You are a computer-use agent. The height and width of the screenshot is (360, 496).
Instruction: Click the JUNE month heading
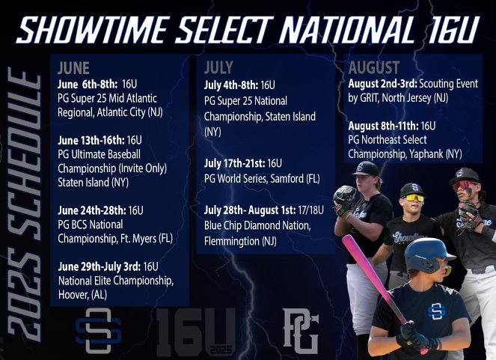point(73,68)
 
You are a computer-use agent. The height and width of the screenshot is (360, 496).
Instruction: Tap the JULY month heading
point(218,67)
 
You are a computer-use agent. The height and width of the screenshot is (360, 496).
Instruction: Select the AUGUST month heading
point(374,67)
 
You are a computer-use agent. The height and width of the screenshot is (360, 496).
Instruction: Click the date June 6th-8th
point(88,84)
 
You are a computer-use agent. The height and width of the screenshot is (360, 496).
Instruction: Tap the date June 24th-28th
point(92,210)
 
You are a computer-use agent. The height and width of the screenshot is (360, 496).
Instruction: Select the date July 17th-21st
point(234,163)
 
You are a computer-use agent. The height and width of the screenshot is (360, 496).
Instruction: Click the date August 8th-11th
point(383,126)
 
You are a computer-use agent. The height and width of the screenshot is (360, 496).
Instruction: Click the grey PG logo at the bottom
point(300,332)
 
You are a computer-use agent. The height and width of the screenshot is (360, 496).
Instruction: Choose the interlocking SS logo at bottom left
point(99,331)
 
